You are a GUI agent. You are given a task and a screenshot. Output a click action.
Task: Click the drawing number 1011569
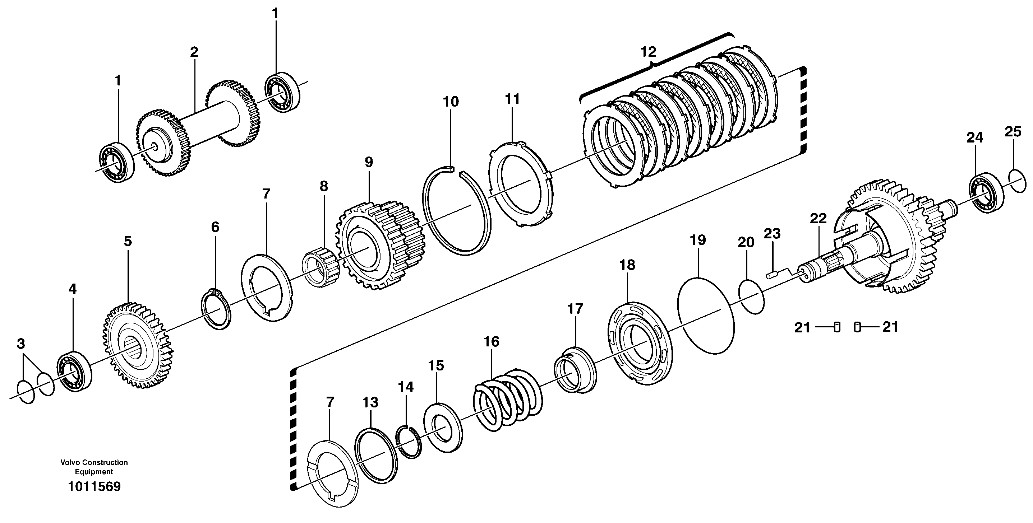tap(94, 487)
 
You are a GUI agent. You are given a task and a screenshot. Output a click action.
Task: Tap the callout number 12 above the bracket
tap(648, 52)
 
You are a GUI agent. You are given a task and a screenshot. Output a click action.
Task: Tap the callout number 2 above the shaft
tap(194, 52)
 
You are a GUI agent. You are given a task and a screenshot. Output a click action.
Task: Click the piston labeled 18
tap(640, 344)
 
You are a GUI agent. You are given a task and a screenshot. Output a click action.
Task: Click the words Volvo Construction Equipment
tap(94, 467)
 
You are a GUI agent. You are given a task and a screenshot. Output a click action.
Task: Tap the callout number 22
tap(818, 218)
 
